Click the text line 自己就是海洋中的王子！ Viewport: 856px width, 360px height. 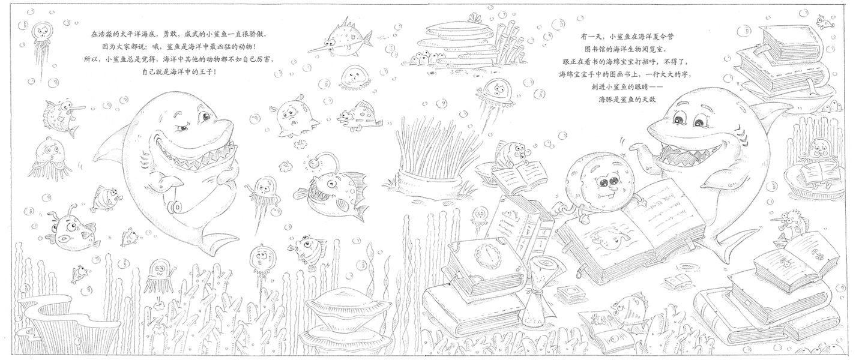[179, 71]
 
